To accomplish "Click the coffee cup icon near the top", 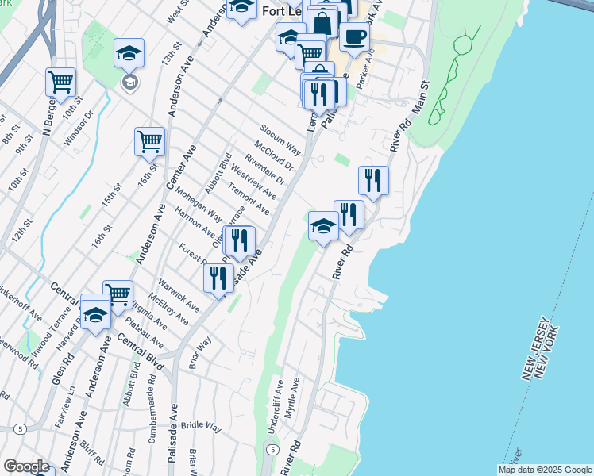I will tap(354, 36).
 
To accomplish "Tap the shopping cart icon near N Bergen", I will tap(61, 81).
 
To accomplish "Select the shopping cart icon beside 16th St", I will tap(149, 141).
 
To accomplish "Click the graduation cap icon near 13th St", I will tap(128, 53).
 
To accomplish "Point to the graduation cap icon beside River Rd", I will tap(323, 226).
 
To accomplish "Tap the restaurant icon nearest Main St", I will tap(373, 180).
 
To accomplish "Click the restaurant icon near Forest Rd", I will tap(218, 278).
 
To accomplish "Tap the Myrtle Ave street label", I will tap(292, 398).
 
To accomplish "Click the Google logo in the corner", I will tap(26, 466).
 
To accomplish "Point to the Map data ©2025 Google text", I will tap(545, 470).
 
